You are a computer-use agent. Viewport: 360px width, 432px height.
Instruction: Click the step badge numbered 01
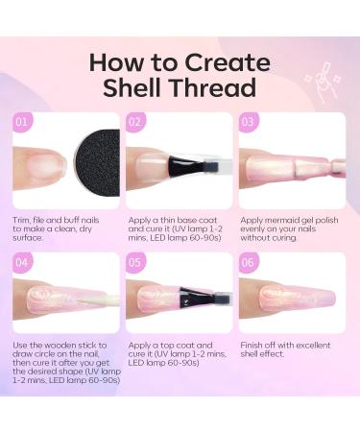(22, 122)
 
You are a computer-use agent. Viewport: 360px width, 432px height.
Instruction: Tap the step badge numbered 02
(135, 122)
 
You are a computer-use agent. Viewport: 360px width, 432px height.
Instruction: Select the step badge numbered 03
(248, 122)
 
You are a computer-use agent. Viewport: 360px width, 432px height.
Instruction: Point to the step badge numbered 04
(22, 262)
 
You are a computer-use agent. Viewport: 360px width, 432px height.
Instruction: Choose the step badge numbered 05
(135, 262)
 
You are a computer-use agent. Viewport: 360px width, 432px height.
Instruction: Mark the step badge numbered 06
(248, 262)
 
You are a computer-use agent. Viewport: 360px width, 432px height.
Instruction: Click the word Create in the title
(228, 62)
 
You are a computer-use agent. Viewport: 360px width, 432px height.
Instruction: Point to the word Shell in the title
(132, 87)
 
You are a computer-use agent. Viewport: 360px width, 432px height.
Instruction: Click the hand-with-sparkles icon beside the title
(323, 81)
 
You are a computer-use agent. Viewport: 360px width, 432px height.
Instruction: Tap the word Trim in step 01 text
(20, 220)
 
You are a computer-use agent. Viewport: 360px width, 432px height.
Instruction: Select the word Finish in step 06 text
(252, 346)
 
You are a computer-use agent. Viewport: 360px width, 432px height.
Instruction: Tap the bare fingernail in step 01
(44, 166)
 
